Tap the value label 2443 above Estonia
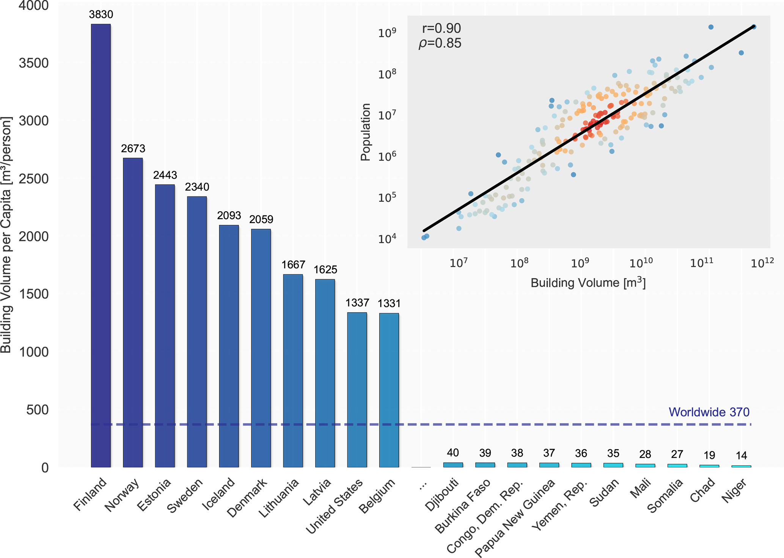pyautogui.click(x=165, y=175)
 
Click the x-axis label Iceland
pyautogui.click(x=218, y=494)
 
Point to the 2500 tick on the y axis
pyautogui.click(x=34, y=179)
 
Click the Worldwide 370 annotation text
pyautogui.click(x=709, y=412)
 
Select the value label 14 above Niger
pyautogui.click(x=741, y=455)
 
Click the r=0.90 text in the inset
pyautogui.click(x=441, y=28)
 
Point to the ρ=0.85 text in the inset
pyautogui.click(x=440, y=43)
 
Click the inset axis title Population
pyautogui.click(x=365, y=132)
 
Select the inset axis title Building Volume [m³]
pyautogui.click(x=588, y=283)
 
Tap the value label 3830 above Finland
pyautogui.click(x=101, y=14)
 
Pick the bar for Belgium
pyautogui.click(x=389, y=390)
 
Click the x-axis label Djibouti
pyautogui.click(x=442, y=495)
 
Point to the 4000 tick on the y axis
pyautogui.click(x=34, y=6)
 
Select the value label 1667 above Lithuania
pyautogui.click(x=293, y=264)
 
